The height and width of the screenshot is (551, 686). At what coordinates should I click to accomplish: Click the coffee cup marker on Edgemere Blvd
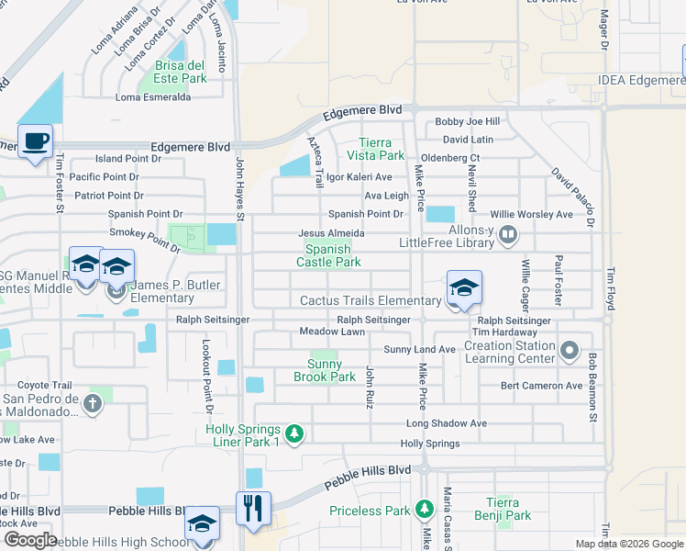coord(35,142)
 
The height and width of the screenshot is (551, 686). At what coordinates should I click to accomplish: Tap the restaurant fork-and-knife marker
coord(254,508)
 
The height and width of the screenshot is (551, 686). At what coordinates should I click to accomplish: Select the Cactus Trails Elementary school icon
coord(464,289)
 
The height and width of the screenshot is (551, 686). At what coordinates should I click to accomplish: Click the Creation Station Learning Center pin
coord(570,350)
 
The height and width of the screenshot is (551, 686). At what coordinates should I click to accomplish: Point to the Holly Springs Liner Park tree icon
coord(293,433)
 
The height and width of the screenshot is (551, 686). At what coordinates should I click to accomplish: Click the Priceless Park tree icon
coord(424,509)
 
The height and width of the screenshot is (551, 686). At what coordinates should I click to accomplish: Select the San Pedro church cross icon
coord(92,403)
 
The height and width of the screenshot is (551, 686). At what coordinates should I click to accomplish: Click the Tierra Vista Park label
coord(375,149)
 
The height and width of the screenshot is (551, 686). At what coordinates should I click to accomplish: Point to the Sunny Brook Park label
coord(324,370)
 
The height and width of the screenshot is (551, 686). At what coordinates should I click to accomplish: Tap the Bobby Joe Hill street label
coord(467,121)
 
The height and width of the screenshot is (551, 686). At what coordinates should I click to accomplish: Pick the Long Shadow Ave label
coord(446,423)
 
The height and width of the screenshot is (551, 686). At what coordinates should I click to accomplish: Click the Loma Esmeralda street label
coord(152,96)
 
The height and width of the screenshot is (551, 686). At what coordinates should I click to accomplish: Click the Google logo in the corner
coord(30,540)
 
